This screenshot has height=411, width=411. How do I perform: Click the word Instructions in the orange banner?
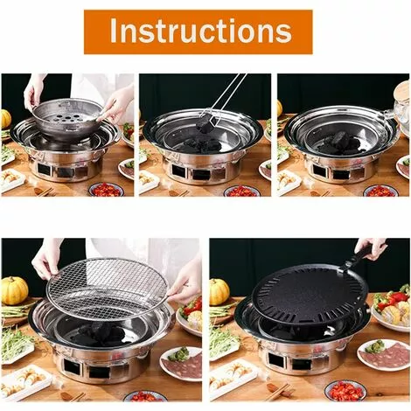200,31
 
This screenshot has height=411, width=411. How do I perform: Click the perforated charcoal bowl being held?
68,115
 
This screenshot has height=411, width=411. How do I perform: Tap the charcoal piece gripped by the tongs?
205,122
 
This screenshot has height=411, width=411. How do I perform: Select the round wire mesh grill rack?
107,287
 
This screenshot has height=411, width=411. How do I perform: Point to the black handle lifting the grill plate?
360,254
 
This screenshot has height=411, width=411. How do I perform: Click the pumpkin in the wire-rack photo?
14,290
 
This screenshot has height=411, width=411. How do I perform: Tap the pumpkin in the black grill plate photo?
219,291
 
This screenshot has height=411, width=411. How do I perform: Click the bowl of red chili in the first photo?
106,190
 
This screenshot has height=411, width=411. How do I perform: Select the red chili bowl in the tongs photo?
241,191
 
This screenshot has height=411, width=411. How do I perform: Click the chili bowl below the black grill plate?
345,390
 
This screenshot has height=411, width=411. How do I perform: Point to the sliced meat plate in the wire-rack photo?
181,363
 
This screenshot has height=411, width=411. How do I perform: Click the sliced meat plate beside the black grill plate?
383,355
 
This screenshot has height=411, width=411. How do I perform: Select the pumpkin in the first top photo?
6,119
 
